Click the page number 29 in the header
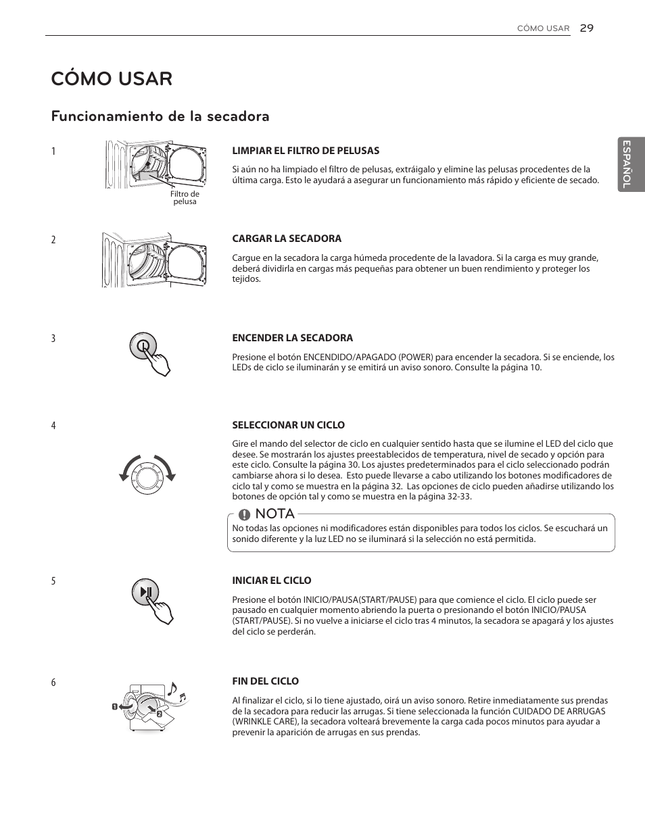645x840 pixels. tap(586, 28)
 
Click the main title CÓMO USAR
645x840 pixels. tap(112, 78)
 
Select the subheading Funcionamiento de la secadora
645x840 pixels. tap(160, 116)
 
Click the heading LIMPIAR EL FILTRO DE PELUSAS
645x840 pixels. tap(306, 151)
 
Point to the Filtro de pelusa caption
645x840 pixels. tap(185, 198)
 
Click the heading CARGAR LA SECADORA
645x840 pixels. tap(287, 239)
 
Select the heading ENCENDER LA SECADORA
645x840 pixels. tap(292, 338)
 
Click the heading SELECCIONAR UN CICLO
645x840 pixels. tap(288, 425)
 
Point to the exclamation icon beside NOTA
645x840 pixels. tap(244, 515)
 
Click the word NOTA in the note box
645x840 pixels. tap(275, 514)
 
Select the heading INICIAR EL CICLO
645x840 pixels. tap(272, 580)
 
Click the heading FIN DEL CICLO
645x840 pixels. tap(265, 681)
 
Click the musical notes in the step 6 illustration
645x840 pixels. tap(176, 692)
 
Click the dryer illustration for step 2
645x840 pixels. tap(154, 260)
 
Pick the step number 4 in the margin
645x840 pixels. tap(53, 426)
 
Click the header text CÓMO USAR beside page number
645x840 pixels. tap(543, 28)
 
